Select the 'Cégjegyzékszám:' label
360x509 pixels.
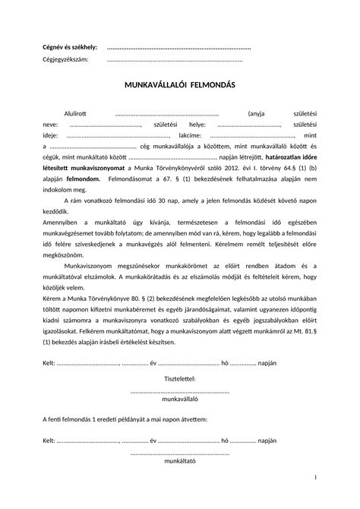pyautogui.click(x=65, y=59)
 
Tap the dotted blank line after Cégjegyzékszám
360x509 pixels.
pyautogui.click(x=175, y=60)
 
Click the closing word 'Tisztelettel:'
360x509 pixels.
pyautogui.click(x=180, y=357)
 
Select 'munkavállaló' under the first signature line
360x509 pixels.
pyautogui.click(x=180, y=377)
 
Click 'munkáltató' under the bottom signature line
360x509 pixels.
pyautogui.click(x=180, y=460)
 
